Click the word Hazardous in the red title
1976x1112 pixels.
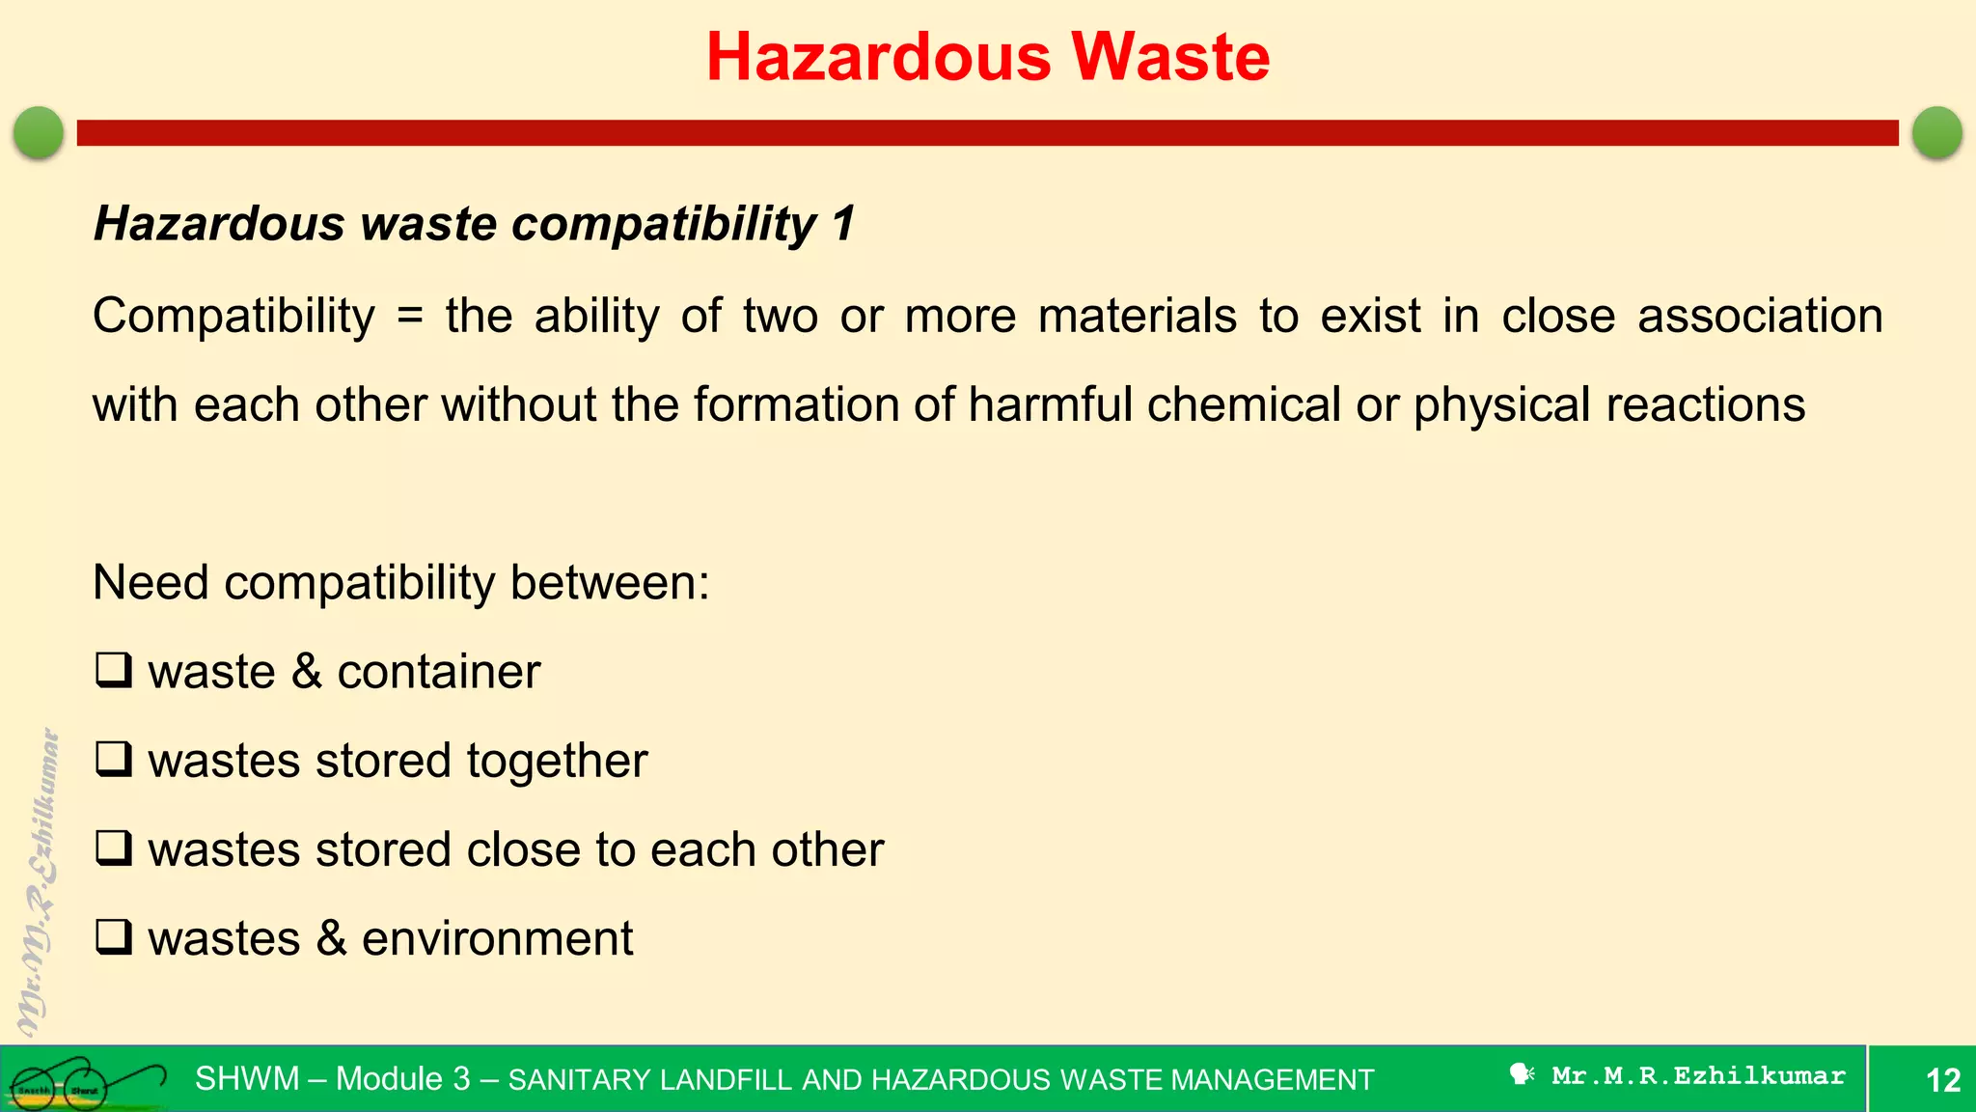click(878, 57)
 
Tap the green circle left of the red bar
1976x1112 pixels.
click(39, 132)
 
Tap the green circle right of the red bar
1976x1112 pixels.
click(1936, 132)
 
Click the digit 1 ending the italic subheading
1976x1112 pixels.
click(843, 224)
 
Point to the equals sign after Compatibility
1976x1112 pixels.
click(410, 317)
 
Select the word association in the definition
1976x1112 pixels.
click(1760, 317)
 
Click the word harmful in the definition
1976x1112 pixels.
click(1050, 404)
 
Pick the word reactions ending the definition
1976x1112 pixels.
click(1705, 404)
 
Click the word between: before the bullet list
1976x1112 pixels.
click(610, 583)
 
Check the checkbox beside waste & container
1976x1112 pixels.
click(114, 670)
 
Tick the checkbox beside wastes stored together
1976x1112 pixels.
click(114, 759)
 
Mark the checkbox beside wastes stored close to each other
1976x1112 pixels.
click(114, 848)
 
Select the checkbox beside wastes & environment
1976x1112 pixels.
click(114, 937)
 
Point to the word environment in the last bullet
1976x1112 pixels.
click(497, 939)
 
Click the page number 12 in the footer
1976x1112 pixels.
click(1943, 1080)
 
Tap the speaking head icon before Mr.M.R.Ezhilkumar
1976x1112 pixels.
click(1522, 1074)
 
